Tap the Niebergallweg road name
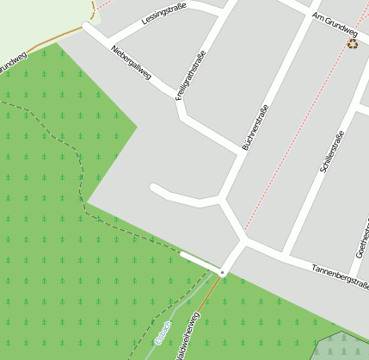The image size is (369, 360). click(x=132, y=63)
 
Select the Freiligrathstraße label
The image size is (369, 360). click(x=191, y=77)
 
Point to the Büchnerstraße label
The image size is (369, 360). click(x=255, y=128)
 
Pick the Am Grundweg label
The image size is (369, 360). click(x=335, y=21)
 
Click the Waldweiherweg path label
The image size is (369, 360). click(x=188, y=337)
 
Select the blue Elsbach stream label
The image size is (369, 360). click(x=163, y=332)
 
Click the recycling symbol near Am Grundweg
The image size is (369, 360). click(x=352, y=43)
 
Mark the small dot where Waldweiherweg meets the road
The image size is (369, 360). click(x=222, y=272)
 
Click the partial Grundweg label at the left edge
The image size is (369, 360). click(x=13, y=61)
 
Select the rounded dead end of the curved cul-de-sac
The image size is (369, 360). click(x=153, y=187)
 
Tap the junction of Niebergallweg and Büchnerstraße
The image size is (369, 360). click(x=239, y=153)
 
